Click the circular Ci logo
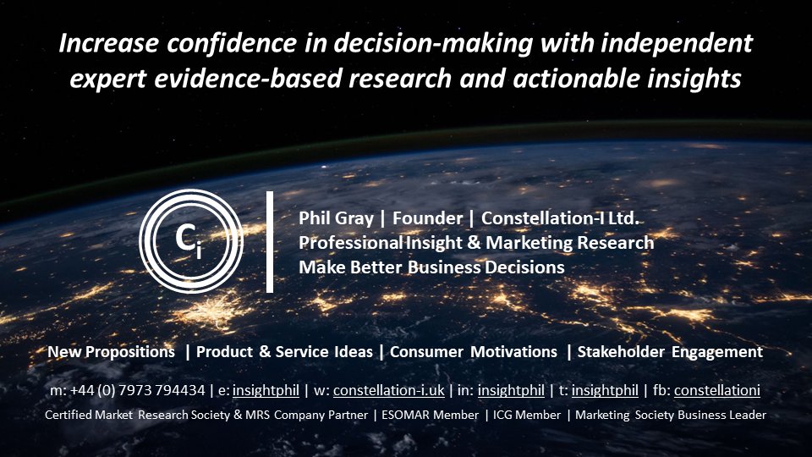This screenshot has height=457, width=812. click(191, 241)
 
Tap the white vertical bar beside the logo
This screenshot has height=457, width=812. click(270, 242)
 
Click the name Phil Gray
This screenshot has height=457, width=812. click(336, 218)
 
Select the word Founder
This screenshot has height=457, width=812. click(427, 218)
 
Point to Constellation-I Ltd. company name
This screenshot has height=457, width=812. click(560, 218)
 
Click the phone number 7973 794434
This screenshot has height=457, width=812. click(162, 390)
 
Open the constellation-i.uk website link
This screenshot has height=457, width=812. click(388, 390)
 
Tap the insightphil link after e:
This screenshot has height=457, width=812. click(266, 390)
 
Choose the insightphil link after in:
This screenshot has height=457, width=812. click(511, 390)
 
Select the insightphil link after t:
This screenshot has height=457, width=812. click(605, 390)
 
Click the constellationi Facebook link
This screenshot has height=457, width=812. click(717, 390)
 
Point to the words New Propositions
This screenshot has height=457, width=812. click(112, 352)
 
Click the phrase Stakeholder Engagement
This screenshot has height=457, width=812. click(670, 352)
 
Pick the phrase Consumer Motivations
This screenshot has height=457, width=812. click(474, 352)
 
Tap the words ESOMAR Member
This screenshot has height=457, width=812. click(430, 415)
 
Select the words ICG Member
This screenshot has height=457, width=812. click(527, 415)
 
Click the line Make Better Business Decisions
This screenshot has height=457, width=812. click(431, 267)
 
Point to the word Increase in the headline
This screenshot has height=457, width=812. click(108, 43)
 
